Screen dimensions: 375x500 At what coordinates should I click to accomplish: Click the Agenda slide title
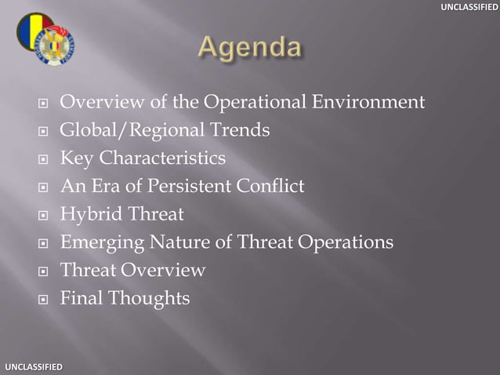pyautogui.click(x=249, y=49)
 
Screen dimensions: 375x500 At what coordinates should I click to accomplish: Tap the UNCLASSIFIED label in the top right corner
pyautogui.click(x=468, y=7)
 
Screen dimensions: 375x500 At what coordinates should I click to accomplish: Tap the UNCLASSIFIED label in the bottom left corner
pyautogui.click(x=32, y=367)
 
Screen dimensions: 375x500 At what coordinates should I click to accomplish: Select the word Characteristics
pyautogui.click(x=162, y=158)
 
